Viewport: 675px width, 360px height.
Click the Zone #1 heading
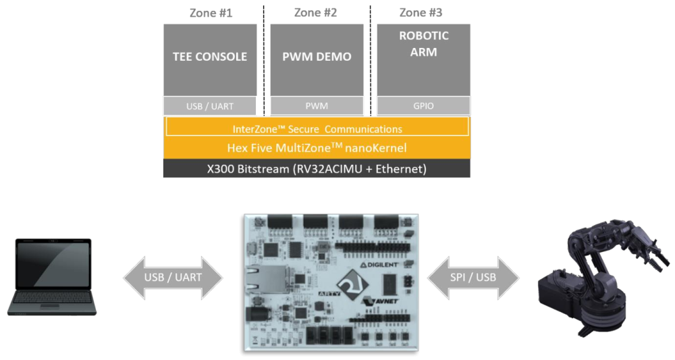click(x=210, y=13)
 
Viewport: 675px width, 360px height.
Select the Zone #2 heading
click(x=316, y=13)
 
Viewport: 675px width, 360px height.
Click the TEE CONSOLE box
click(x=210, y=58)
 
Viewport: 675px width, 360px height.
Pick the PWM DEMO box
click(x=317, y=58)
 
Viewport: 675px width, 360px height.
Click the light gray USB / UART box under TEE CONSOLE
click(x=210, y=106)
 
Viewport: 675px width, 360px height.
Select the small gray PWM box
click(x=317, y=106)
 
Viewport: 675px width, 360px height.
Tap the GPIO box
click(x=423, y=106)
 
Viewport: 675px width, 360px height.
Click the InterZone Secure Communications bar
click(x=317, y=128)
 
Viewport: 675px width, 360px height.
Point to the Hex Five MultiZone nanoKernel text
click(x=317, y=148)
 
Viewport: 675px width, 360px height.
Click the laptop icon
click(x=52, y=276)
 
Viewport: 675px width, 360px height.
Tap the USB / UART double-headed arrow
click(x=172, y=277)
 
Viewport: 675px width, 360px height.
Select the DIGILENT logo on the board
click(x=382, y=266)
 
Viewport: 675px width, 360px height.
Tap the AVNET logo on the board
click(x=382, y=302)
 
